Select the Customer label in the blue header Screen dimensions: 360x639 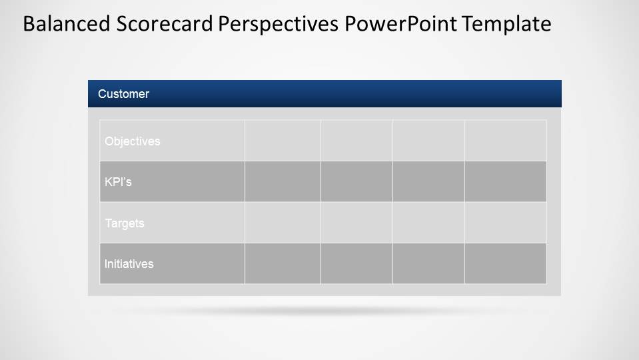pos(123,94)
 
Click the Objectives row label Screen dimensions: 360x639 pos(133,141)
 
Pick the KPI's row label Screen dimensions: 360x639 pos(118,182)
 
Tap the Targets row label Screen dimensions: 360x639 pos(125,223)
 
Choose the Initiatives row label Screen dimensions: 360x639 pos(129,264)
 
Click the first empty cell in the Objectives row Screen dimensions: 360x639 pos(283,141)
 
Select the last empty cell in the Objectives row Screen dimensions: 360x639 pos(505,141)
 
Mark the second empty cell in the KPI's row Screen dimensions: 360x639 pos(356,181)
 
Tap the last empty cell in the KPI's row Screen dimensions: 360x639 pos(505,181)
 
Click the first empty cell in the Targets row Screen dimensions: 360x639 pos(283,223)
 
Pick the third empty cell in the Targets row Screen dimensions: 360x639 pos(428,223)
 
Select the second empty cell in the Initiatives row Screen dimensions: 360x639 pos(356,263)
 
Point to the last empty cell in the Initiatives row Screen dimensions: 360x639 pos(505,263)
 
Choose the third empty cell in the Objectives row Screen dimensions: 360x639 pos(428,141)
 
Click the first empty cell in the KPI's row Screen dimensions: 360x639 pos(283,181)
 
